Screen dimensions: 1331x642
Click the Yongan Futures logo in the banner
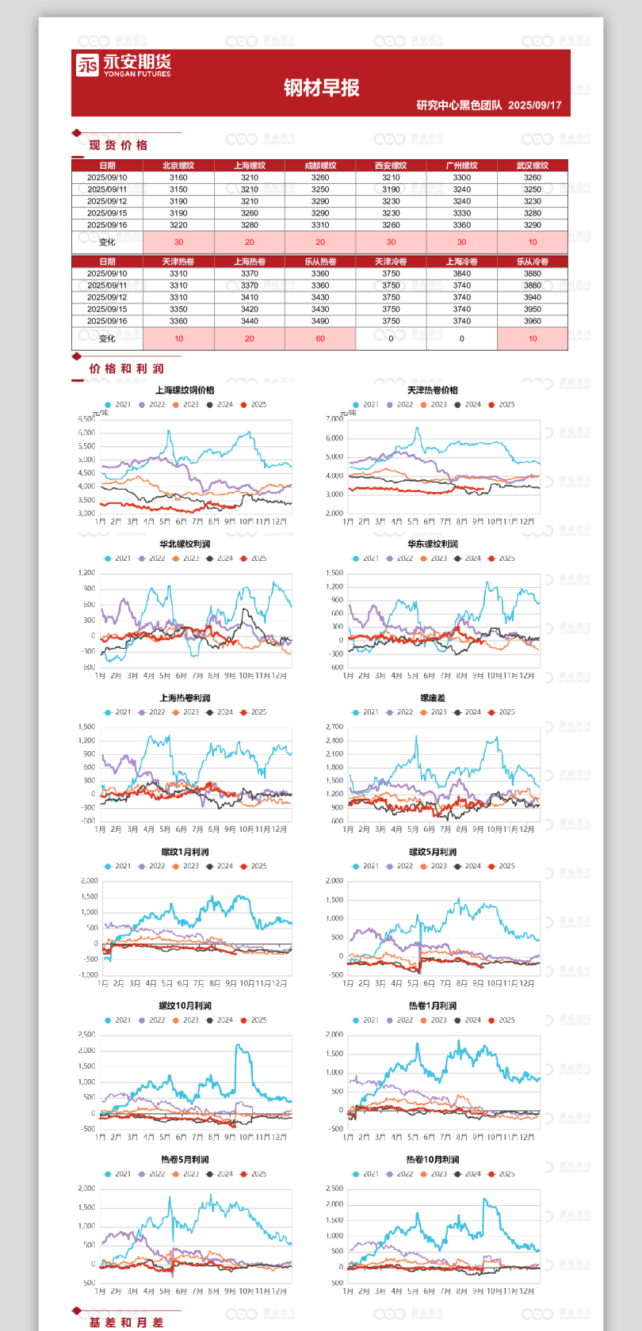coord(123,65)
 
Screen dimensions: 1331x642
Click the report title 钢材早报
coord(322,88)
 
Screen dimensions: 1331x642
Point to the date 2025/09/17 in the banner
coord(535,105)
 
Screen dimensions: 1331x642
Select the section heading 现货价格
coord(118,145)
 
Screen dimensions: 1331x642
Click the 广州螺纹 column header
coord(462,166)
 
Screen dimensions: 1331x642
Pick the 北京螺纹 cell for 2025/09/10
coord(178,177)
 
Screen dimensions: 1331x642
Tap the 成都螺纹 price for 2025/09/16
coord(320,225)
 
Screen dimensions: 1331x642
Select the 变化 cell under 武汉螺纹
coord(533,242)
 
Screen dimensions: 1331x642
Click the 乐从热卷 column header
coord(320,261)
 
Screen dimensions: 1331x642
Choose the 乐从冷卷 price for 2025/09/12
coord(533,297)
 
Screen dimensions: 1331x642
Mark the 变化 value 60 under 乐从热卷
coord(320,338)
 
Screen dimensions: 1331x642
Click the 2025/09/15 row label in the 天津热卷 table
coord(107,309)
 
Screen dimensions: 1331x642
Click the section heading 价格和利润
coord(126,368)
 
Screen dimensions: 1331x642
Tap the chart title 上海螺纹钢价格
coord(185,390)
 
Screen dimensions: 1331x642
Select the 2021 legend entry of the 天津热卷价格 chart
coord(365,405)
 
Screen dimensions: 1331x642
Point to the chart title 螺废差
coord(433,698)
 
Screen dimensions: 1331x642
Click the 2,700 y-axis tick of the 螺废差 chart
coord(334,727)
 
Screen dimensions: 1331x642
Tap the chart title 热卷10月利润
coord(433,1160)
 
